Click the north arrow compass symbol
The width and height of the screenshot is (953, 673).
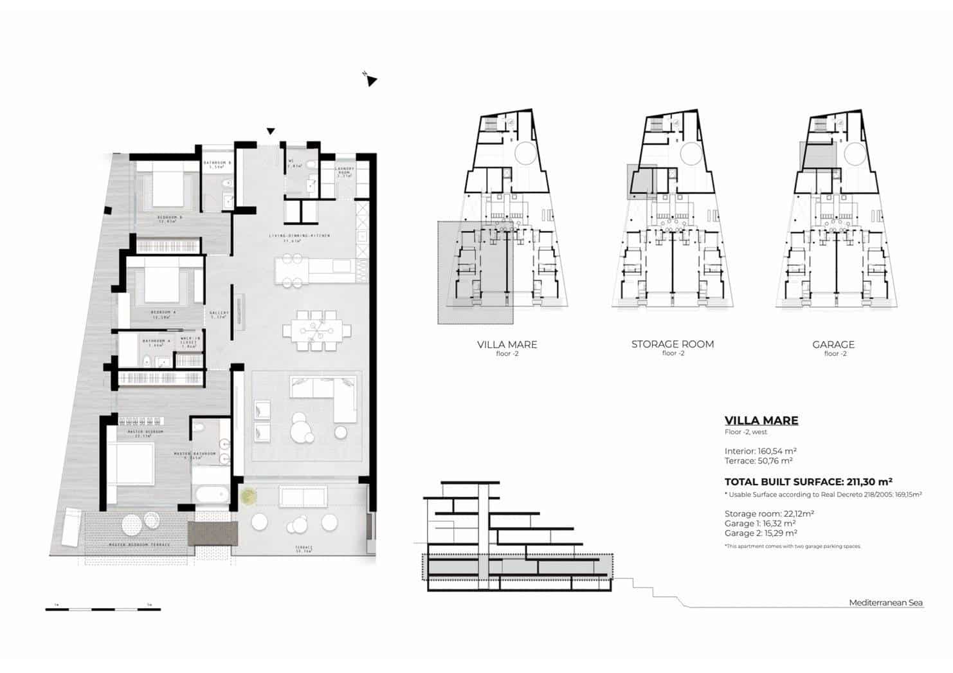point(370,79)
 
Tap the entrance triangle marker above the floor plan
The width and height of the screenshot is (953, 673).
point(271,131)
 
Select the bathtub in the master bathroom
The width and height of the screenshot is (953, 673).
point(211,494)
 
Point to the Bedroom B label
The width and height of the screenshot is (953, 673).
point(170,217)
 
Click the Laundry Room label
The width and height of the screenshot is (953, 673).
point(345,172)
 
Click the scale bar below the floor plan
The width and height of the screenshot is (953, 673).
point(103,609)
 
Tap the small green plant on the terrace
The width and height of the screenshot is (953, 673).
point(248,496)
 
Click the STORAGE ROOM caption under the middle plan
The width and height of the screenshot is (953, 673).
point(672,344)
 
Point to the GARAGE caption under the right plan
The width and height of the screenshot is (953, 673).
point(833,345)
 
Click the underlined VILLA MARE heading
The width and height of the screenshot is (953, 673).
point(761,420)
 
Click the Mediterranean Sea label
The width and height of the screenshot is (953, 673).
point(885,603)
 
